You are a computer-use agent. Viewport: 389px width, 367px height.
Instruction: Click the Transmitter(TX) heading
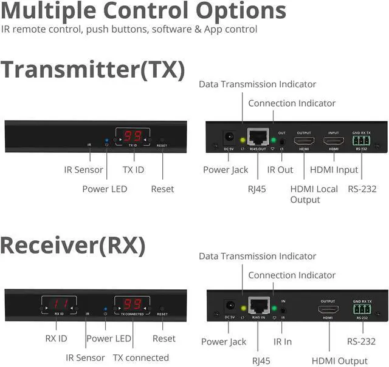point(92,69)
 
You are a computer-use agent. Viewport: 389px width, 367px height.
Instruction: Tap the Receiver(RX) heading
point(73,244)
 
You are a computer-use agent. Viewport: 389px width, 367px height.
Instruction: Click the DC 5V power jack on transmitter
point(230,138)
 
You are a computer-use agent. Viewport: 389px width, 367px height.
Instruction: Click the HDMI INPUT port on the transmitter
point(334,141)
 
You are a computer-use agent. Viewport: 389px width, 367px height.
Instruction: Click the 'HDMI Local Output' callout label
point(314,194)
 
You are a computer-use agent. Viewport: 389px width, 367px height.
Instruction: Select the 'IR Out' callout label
point(280,170)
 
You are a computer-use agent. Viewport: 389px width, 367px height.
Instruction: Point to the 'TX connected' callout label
point(141,357)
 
